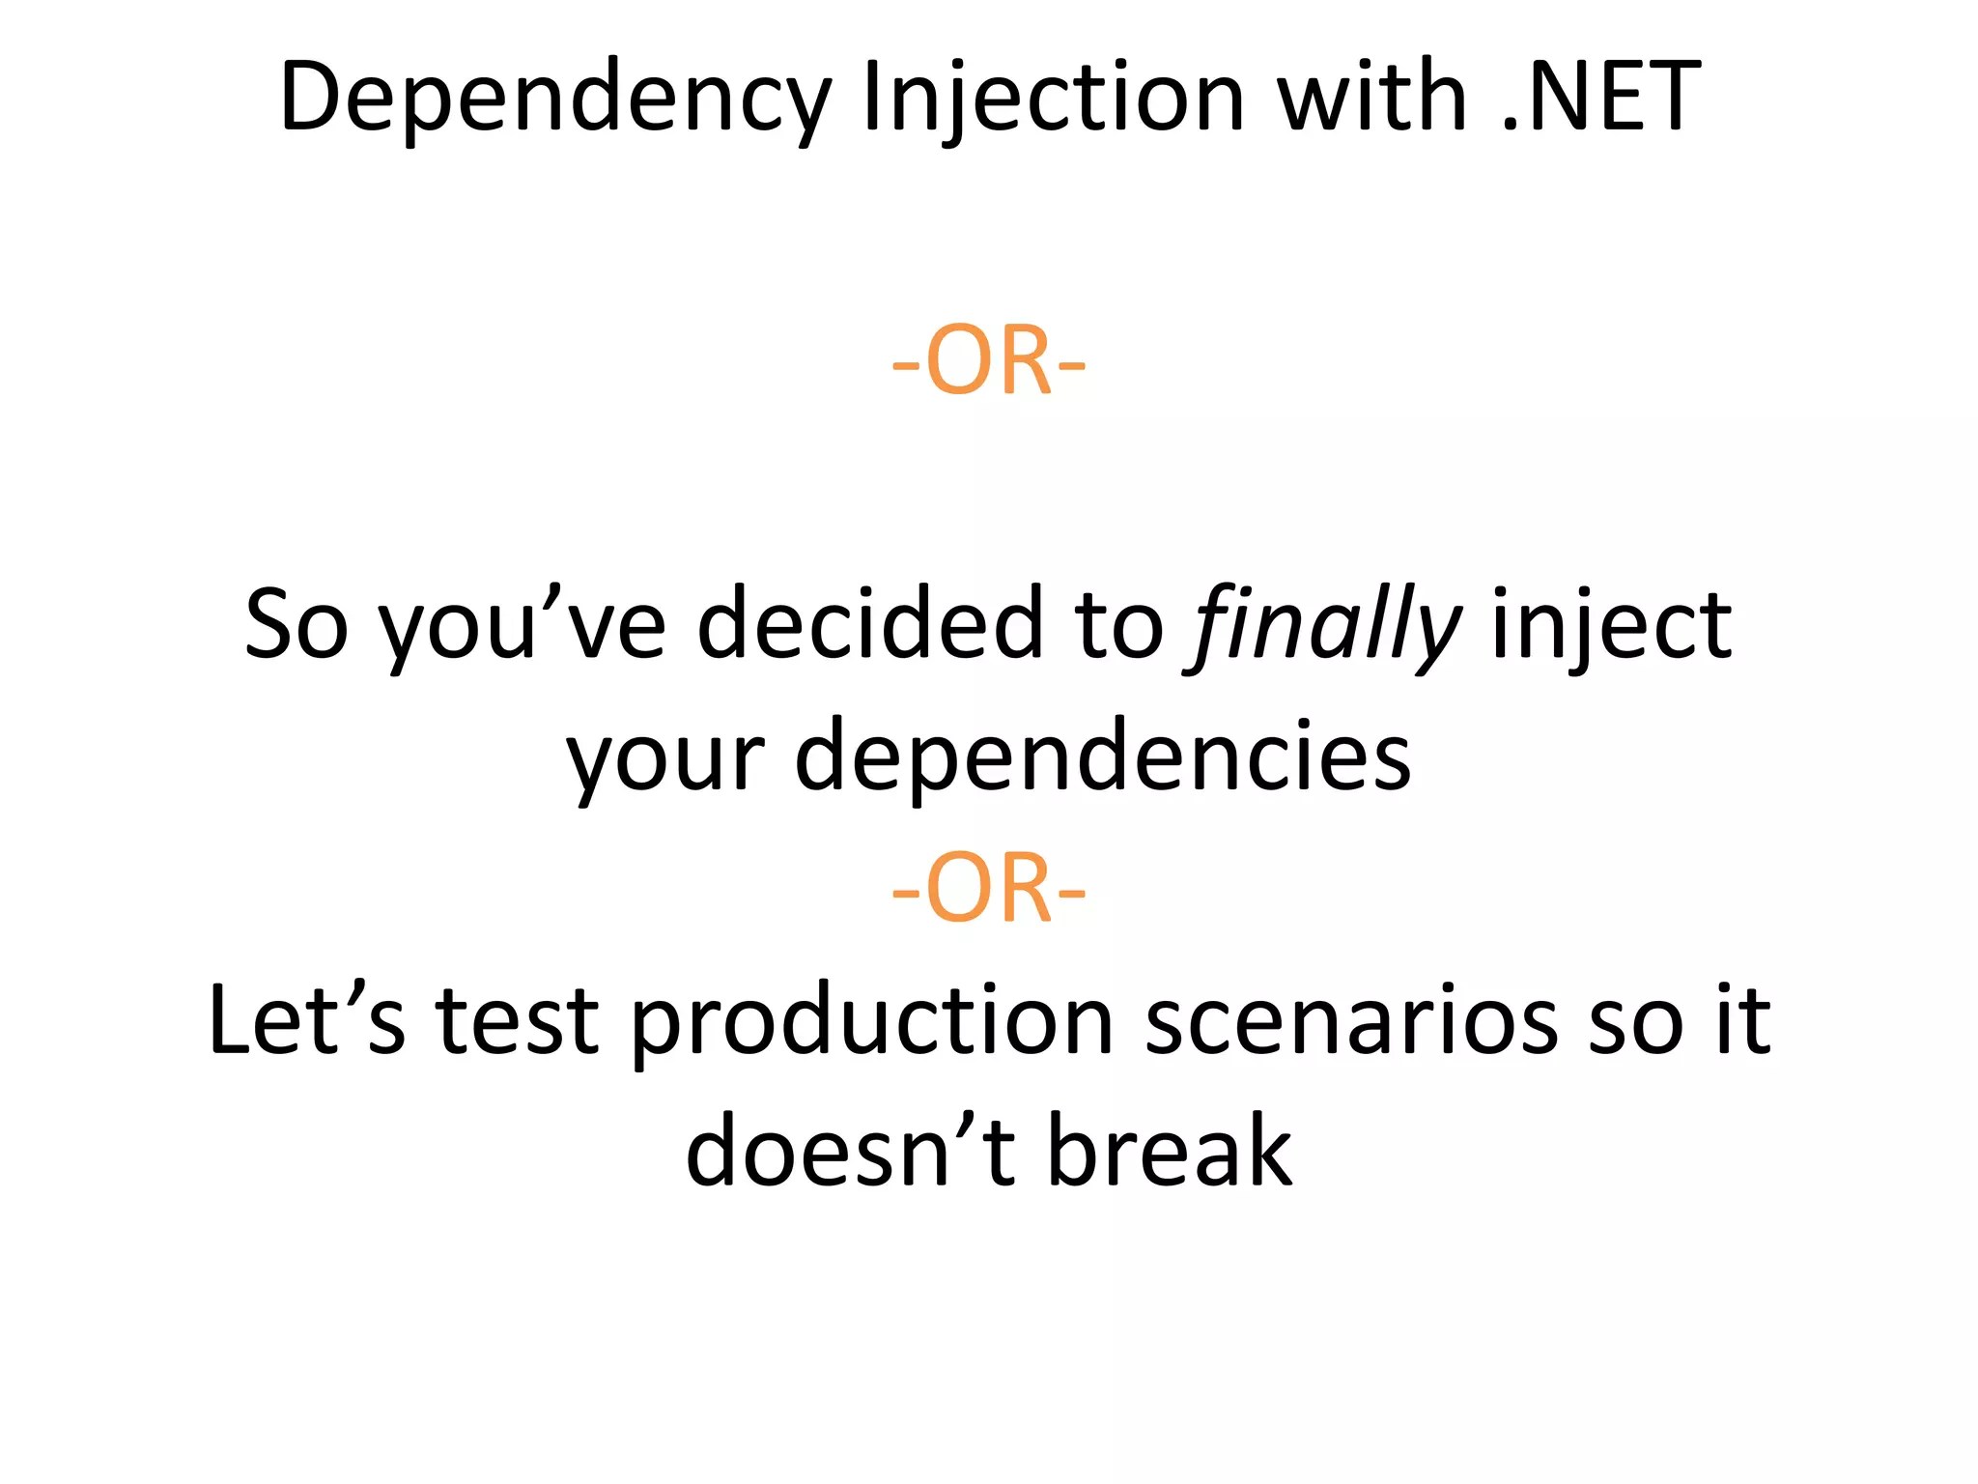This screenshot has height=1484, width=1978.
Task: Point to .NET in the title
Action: [1601, 97]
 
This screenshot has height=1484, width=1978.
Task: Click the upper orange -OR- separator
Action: [988, 361]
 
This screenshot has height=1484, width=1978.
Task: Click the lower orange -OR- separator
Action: [988, 889]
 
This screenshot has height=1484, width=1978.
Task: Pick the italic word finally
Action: [1323, 626]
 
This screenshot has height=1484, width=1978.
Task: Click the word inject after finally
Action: [1611, 626]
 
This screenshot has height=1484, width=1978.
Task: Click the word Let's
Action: [306, 1020]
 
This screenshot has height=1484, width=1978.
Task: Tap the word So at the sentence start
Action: [296, 626]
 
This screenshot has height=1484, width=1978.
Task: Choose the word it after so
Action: [1742, 1020]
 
